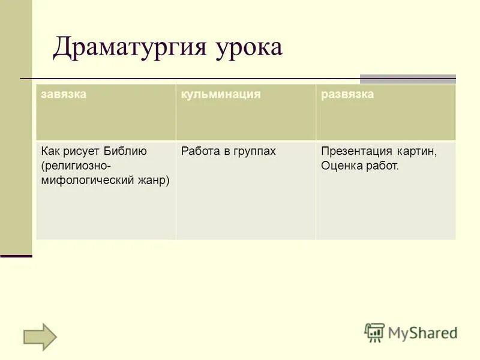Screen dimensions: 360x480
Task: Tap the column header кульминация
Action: pyautogui.click(x=221, y=95)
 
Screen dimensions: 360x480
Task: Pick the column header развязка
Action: pyautogui.click(x=347, y=95)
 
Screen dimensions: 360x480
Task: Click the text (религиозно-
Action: pyautogui.click(x=76, y=166)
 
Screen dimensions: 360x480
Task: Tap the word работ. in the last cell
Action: pyautogui.click(x=381, y=166)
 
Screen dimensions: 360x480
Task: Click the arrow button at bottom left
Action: pyautogui.click(x=40, y=336)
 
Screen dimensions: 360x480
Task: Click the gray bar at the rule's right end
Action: pyautogui.click(x=407, y=79)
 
